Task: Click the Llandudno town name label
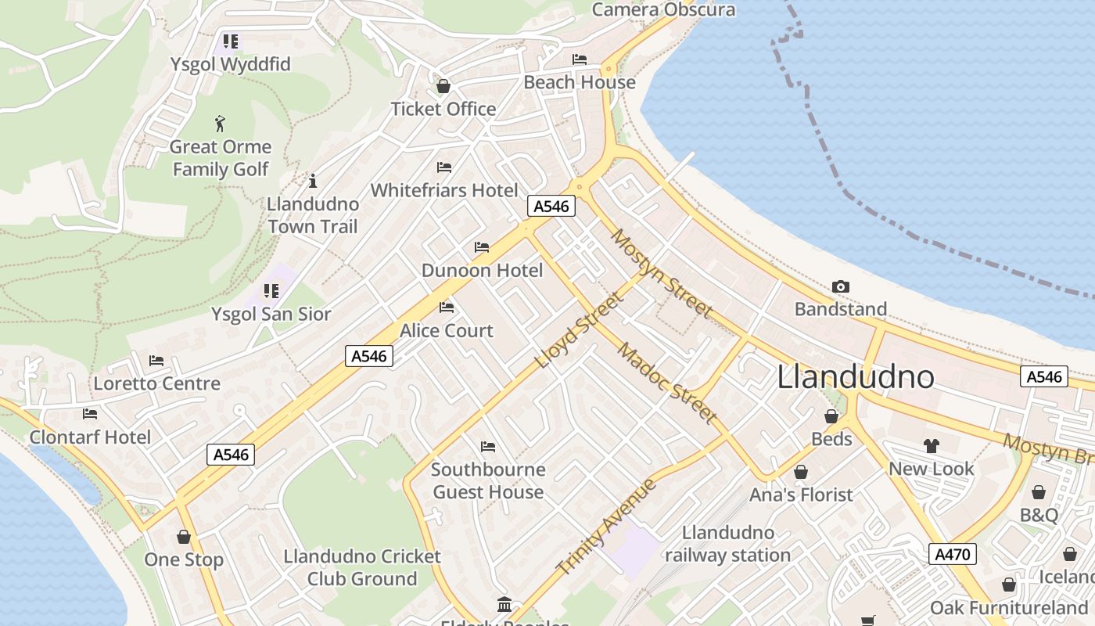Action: (856, 377)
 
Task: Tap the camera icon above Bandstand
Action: (841, 287)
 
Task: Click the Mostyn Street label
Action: (662, 273)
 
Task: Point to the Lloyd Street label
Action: (580, 331)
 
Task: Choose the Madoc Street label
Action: (666, 383)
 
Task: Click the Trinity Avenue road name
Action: (606, 527)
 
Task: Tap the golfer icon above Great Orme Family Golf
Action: (221, 124)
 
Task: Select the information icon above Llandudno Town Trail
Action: (313, 182)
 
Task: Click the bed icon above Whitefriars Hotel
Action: (444, 167)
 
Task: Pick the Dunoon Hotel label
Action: (482, 271)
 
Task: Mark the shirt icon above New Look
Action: (931, 446)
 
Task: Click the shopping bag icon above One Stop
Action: (184, 537)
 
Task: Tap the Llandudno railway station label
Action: (727, 544)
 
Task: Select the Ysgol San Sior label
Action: (271, 315)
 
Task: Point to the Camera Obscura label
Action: (663, 10)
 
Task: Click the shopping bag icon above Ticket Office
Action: (443, 86)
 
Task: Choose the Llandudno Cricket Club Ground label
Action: (362, 567)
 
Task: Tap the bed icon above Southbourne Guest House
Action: (488, 447)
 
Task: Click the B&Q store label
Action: (1039, 515)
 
